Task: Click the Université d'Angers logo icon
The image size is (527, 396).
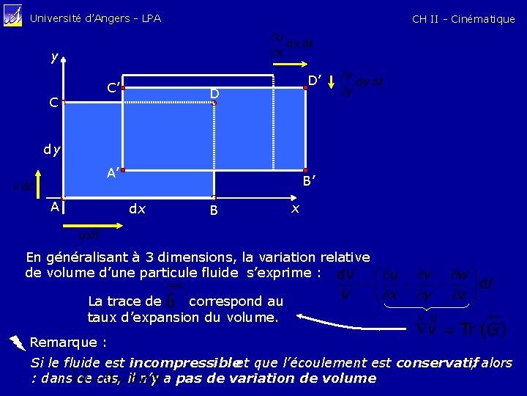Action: click(x=12, y=15)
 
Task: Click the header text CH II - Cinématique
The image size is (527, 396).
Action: click(x=463, y=19)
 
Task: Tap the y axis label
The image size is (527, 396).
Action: click(x=55, y=56)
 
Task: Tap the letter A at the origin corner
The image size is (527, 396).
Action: click(x=55, y=208)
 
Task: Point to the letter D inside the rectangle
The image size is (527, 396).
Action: click(x=214, y=94)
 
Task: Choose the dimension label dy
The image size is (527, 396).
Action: click(x=51, y=150)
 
